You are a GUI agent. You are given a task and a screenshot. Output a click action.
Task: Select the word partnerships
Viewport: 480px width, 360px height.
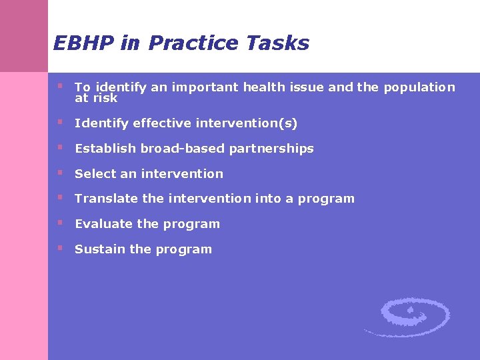(271, 149)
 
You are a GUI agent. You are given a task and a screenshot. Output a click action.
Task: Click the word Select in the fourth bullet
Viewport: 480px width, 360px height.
(95, 174)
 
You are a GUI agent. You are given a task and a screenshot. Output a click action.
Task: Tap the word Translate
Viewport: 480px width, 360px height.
(105, 199)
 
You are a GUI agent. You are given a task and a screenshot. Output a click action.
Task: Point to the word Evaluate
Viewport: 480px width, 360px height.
(104, 224)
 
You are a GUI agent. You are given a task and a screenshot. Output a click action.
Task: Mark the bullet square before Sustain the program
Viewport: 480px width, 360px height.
(60, 248)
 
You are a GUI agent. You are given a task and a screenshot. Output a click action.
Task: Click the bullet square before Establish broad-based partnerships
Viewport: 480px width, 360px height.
(60, 147)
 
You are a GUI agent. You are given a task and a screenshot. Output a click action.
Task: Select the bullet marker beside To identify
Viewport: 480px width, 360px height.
(60, 86)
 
